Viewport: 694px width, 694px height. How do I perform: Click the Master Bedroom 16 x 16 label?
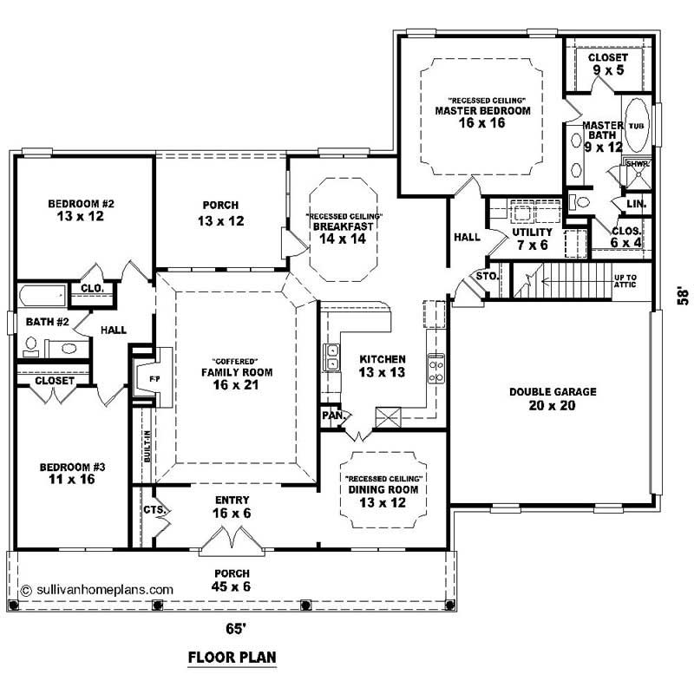[x=482, y=116]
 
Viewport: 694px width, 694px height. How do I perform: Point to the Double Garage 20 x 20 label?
[x=553, y=398]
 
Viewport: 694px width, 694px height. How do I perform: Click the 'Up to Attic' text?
[x=625, y=281]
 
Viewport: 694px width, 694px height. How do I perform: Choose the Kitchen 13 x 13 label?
[x=382, y=365]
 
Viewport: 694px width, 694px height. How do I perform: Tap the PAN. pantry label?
[x=332, y=416]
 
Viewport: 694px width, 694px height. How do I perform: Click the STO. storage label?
[x=485, y=277]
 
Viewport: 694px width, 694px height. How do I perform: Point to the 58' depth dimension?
[x=684, y=296]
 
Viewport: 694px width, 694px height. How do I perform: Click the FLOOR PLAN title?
[x=232, y=658]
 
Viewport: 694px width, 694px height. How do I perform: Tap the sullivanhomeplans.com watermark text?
[x=96, y=588]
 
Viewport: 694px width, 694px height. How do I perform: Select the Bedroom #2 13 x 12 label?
[x=81, y=210]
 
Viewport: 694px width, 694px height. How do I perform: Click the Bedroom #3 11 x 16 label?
[x=73, y=474]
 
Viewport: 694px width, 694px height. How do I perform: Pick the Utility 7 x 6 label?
[x=532, y=239]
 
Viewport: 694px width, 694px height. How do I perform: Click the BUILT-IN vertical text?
[x=147, y=447]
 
